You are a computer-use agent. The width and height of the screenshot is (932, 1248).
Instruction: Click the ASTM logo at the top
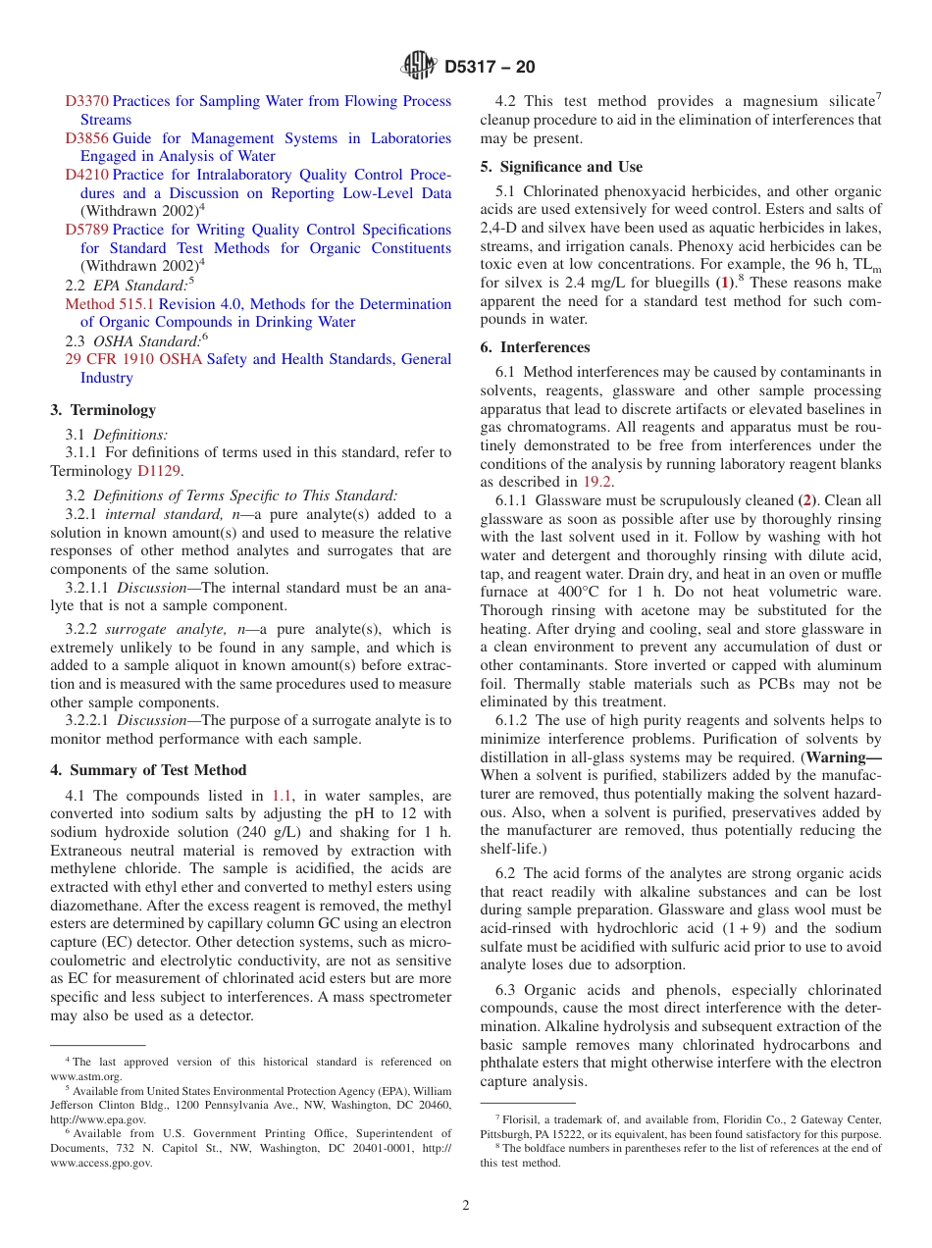click(419, 68)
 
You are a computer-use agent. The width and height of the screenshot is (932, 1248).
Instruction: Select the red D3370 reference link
click(87, 101)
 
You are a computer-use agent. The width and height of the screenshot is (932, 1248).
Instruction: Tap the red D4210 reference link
click(87, 175)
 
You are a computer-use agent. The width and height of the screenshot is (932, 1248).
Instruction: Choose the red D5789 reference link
click(87, 230)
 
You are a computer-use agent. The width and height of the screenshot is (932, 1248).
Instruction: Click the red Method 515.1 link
click(109, 304)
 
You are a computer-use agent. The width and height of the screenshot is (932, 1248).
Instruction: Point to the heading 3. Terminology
click(103, 410)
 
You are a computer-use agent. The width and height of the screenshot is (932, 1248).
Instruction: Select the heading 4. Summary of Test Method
click(148, 770)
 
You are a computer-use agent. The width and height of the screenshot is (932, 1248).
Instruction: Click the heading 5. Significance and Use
click(561, 167)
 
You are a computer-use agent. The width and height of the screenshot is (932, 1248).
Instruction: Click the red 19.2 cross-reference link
click(595, 482)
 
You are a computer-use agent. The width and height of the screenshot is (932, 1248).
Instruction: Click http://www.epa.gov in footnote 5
click(97, 1118)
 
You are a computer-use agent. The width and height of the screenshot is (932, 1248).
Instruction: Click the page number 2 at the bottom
click(466, 1206)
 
